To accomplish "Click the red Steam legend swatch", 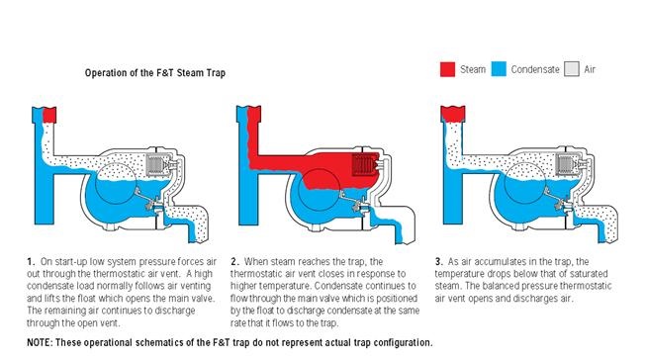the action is (447, 69).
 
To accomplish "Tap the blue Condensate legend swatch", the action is (499, 69).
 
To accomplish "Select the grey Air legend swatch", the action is (572, 69).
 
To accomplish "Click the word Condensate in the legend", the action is (535, 69).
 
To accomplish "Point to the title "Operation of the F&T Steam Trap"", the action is (155, 73).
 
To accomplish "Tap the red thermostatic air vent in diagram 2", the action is (365, 165).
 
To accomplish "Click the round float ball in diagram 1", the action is (116, 184).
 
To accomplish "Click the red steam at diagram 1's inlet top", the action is (49, 115).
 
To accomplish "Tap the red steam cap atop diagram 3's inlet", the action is (453, 114).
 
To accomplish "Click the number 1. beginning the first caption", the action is (32, 262).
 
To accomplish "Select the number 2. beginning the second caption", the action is (234, 262).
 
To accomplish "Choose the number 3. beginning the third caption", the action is (439, 262).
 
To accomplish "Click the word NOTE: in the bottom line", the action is (40, 343).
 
